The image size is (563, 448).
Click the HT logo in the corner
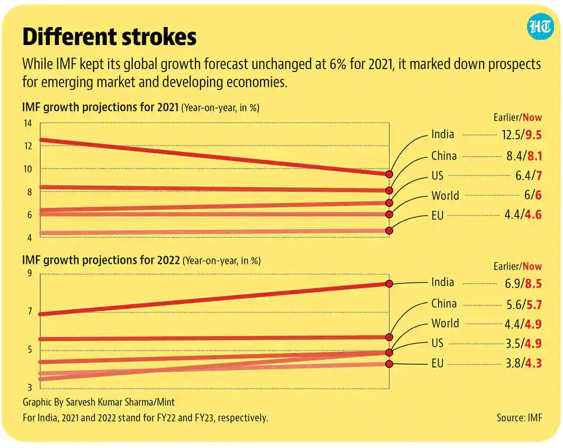(x=539, y=28)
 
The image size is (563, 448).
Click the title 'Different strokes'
(x=109, y=37)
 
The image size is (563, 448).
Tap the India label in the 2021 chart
(x=443, y=135)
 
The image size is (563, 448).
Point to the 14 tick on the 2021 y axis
(x=28, y=123)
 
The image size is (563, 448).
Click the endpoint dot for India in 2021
(x=389, y=174)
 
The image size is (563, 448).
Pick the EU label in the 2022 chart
(x=437, y=364)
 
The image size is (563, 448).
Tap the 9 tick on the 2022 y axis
(x=30, y=274)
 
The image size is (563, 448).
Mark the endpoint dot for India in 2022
(x=389, y=284)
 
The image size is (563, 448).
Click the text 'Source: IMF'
(x=519, y=418)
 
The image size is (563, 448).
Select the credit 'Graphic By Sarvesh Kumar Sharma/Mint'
(x=99, y=402)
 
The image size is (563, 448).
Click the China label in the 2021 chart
(x=444, y=156)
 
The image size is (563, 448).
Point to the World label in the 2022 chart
(x=445, y=324)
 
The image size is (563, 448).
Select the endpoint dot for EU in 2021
(x=389, y=230)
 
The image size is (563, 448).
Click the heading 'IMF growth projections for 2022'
(x=101, y=261)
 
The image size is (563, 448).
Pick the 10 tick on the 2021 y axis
(x=28, y=169)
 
